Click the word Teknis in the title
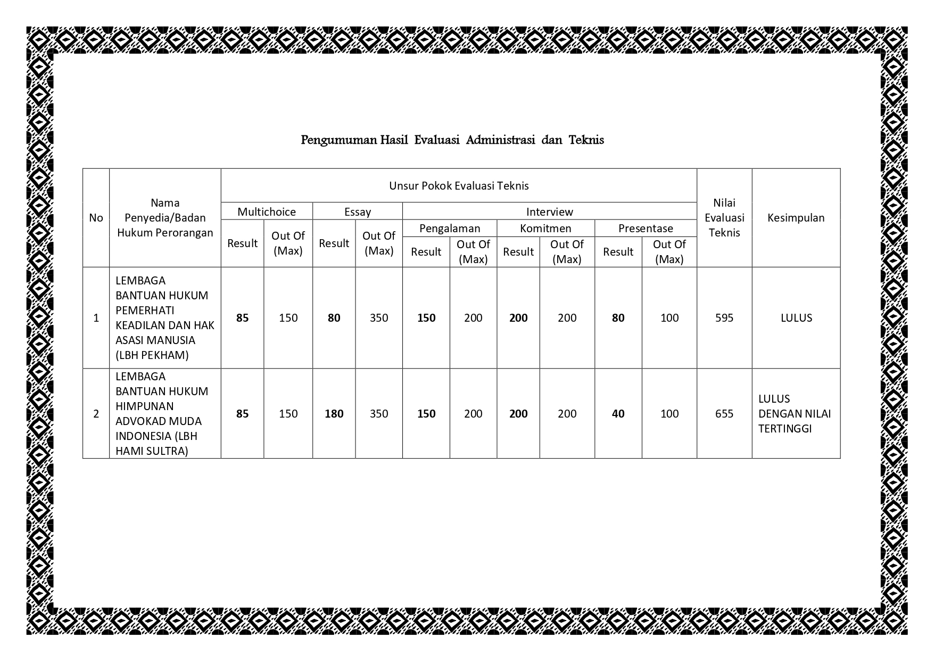tap(586, 140)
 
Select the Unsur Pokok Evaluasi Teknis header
tap(459, 186)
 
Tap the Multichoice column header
tap(267, 212)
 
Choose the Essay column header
tap(358, 212)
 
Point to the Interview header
tap(549, 212)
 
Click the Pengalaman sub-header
tap(450, 229)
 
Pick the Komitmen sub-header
tap(545, 229)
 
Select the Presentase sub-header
tap(646, 229)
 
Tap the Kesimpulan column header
tap(796, 218)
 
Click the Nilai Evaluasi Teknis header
tap(724, 218)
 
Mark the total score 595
tap(724, 318)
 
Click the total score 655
tap(724, 414)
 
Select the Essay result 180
tap(334, 414)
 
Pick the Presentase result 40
tap(618, 414)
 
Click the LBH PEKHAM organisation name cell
tap(165, 318)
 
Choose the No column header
tap(96, 218)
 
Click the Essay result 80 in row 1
tap(334, 318)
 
